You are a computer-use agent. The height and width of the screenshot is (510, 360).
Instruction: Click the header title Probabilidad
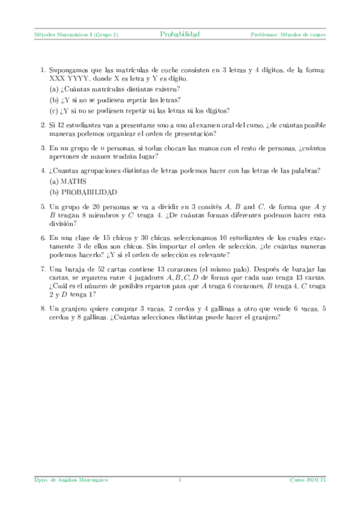pos(180,34)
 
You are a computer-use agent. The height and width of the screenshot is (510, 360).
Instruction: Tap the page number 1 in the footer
pos(180,479)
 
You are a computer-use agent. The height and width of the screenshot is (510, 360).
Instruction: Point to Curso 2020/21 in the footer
pos(308,479)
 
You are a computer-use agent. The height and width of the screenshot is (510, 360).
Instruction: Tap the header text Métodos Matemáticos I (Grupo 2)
pos(76,35)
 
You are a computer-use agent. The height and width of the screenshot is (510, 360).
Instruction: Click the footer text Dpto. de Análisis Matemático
pos(70,479)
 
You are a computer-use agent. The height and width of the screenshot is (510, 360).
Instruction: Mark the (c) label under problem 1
pos(54,110)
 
